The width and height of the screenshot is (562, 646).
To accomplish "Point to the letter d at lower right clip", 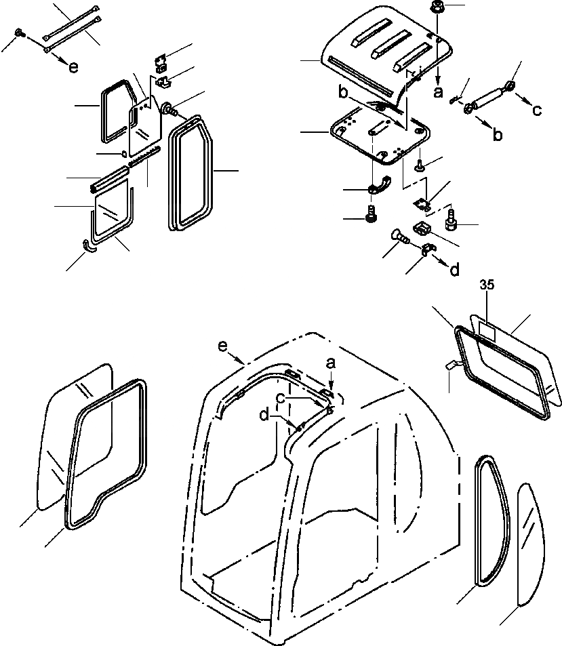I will (454, 269).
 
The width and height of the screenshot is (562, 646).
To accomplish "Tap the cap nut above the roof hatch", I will (437, 9).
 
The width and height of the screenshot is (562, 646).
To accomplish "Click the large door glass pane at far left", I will (75, 434).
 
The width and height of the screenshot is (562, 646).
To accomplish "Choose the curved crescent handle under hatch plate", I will (382, 184).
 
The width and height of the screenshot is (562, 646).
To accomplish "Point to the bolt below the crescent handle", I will (371, 216).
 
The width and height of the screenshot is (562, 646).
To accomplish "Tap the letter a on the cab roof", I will (330, 364).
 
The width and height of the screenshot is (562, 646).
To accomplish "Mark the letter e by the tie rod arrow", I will (73, 66).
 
